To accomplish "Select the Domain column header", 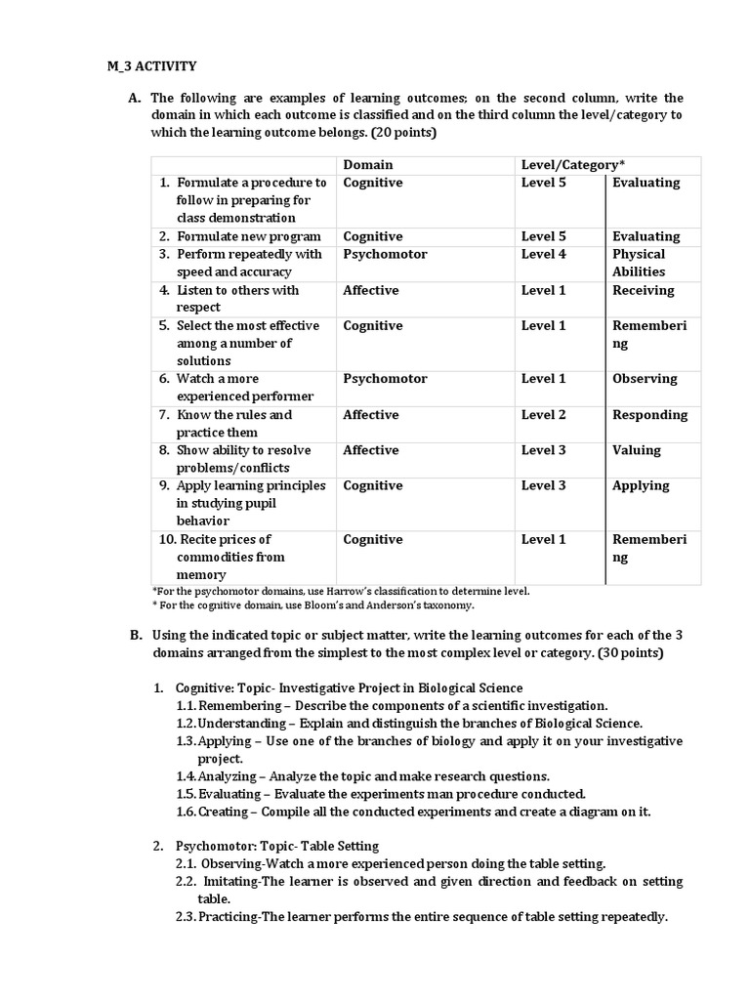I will coord(367,165).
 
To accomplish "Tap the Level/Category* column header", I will coord(573,165).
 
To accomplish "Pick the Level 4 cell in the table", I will coord(543,254).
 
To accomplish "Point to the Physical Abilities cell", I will coord(639,263).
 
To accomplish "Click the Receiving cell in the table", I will coord(643,290).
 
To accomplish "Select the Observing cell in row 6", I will coord(645,379).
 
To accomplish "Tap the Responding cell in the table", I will coord(649,415).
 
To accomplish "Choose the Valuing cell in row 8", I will coord(636,450).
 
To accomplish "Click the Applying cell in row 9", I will coord(641,485).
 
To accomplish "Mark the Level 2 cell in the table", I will coord(543,415).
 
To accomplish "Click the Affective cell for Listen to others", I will coord(370,290).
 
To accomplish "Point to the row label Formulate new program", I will coord(248,236).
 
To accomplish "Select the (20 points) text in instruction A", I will coord(403,133).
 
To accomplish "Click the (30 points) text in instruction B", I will coord(621,652).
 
